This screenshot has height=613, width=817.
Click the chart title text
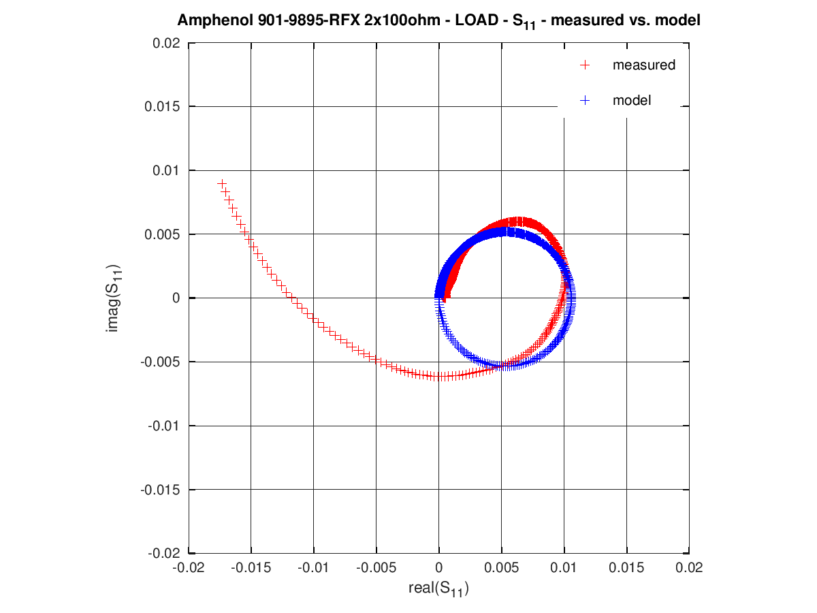click(x=439, y=21)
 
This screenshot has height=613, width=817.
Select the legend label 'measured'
click(x=643, y=65)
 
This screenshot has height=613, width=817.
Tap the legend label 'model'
click(x=632, y=100)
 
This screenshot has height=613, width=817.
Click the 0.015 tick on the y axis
click(x=165, y=106)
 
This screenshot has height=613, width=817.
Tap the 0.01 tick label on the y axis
click(x=167, y=170)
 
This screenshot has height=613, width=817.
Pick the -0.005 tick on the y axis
click(x=163, y=362)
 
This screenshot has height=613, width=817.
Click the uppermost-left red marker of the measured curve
click(x=221, y=183)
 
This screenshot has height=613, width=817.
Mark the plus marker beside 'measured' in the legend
click(x=583, y=65)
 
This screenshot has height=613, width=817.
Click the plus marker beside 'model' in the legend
click(x=583, y=100)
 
